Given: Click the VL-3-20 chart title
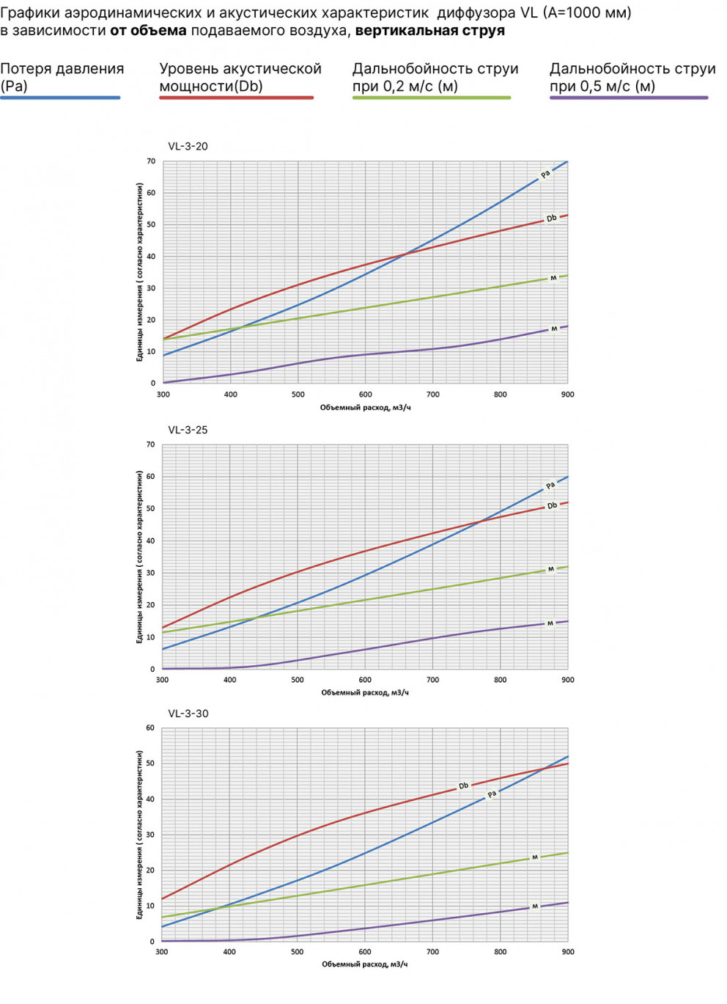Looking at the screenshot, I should click(x=188, y=146).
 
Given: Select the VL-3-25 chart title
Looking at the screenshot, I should click(x=188, y=430).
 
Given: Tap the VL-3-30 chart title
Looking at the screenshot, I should click(x=188, y=714).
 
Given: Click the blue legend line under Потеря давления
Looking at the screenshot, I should click(x=60, y=98).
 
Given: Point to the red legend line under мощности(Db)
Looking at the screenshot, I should click(x=236, y=98).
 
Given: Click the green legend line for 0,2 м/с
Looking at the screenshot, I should click(x=431, y=98).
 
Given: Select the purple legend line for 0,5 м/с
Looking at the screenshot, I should click(x=629, y=98).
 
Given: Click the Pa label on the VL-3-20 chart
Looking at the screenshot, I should click(x=545, y=175).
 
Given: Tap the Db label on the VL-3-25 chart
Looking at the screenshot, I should click(x=552, y=505).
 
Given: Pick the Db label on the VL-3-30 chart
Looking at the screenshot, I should click(x=463, y=786).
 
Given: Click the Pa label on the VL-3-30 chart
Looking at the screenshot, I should click(x=492, y=794).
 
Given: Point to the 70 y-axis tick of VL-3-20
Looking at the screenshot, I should click(x=151, y=161).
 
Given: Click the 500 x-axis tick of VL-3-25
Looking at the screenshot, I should click(x=298, y=680).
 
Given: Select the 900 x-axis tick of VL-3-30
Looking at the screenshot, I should click(x=568, y=952).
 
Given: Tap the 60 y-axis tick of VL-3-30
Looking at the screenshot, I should click(x=150, y=728).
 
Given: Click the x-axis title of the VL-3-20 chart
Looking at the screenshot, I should click(x=365, y=408).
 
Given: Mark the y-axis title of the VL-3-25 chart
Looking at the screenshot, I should click(x=139, y=557).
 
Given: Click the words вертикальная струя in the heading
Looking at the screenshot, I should click(x=429, y=31).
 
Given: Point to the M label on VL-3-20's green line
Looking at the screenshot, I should click(x=553, y=278).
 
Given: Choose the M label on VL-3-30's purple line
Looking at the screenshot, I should click(x=534, y=906).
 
